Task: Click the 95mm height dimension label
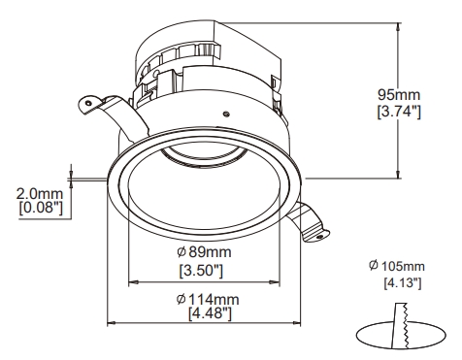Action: [x=399, y=95]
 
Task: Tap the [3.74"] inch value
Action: [x=399, y=112]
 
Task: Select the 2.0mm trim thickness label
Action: [x=40, y=194]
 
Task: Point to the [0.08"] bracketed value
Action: [x=41, y=208]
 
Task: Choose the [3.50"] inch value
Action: [x=201, y=271]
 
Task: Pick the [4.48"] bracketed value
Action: [x=210, y=313]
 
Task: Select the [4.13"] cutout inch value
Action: [x=403, y=283]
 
